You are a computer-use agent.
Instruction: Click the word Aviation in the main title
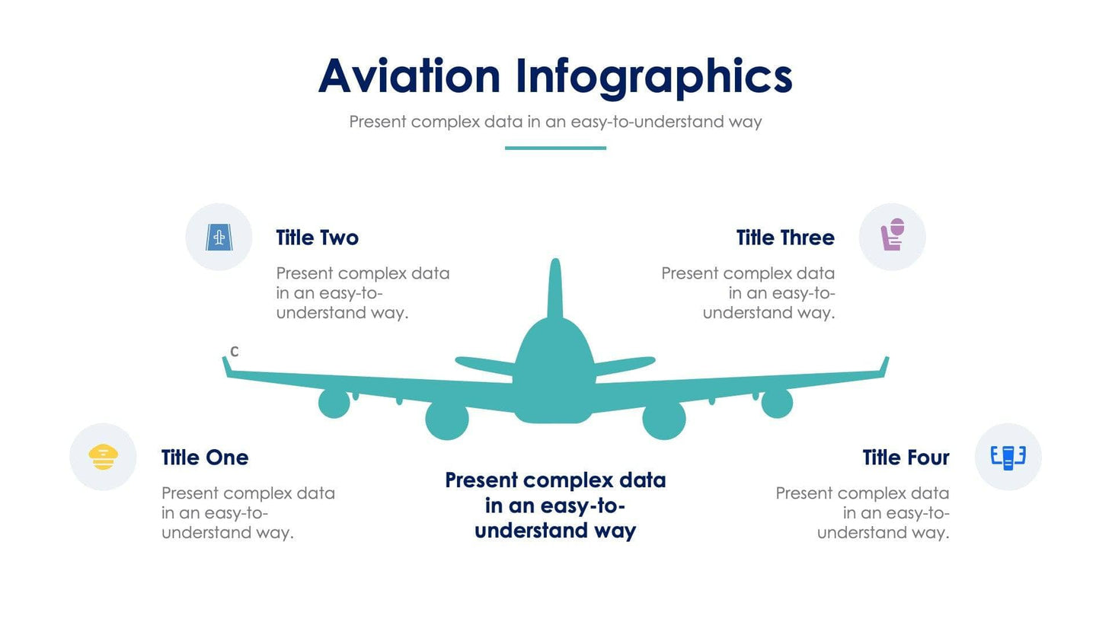tap(409, 76)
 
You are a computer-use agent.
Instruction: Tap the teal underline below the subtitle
tap(555, 148)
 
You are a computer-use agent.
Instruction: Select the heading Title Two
tap(317, 238)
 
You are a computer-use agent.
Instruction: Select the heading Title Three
tap(785, 238)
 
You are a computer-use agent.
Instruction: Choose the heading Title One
tap(205, 458)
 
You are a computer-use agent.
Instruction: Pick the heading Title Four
tap(906, 458)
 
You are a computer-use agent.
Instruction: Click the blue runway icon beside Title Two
tap(219, 238)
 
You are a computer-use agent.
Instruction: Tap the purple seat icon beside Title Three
tap(892, 235)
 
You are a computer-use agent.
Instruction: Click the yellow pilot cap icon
tap(103, 457)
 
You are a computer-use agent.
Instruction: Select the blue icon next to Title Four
tap(1008, 457)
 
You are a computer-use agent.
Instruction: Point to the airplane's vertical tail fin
tap(555, 289)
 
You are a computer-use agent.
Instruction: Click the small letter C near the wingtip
tap(235, 352)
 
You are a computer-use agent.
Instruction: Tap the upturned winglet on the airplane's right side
tap(884, 366)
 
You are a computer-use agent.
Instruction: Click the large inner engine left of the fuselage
tap(447, 419)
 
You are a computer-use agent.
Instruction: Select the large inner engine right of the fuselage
tap(664, 419)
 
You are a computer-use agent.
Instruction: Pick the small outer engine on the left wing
tap(334, 403)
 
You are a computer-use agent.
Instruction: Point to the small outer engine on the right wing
tap(777, 403)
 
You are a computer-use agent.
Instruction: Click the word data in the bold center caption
tap(642, 480)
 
